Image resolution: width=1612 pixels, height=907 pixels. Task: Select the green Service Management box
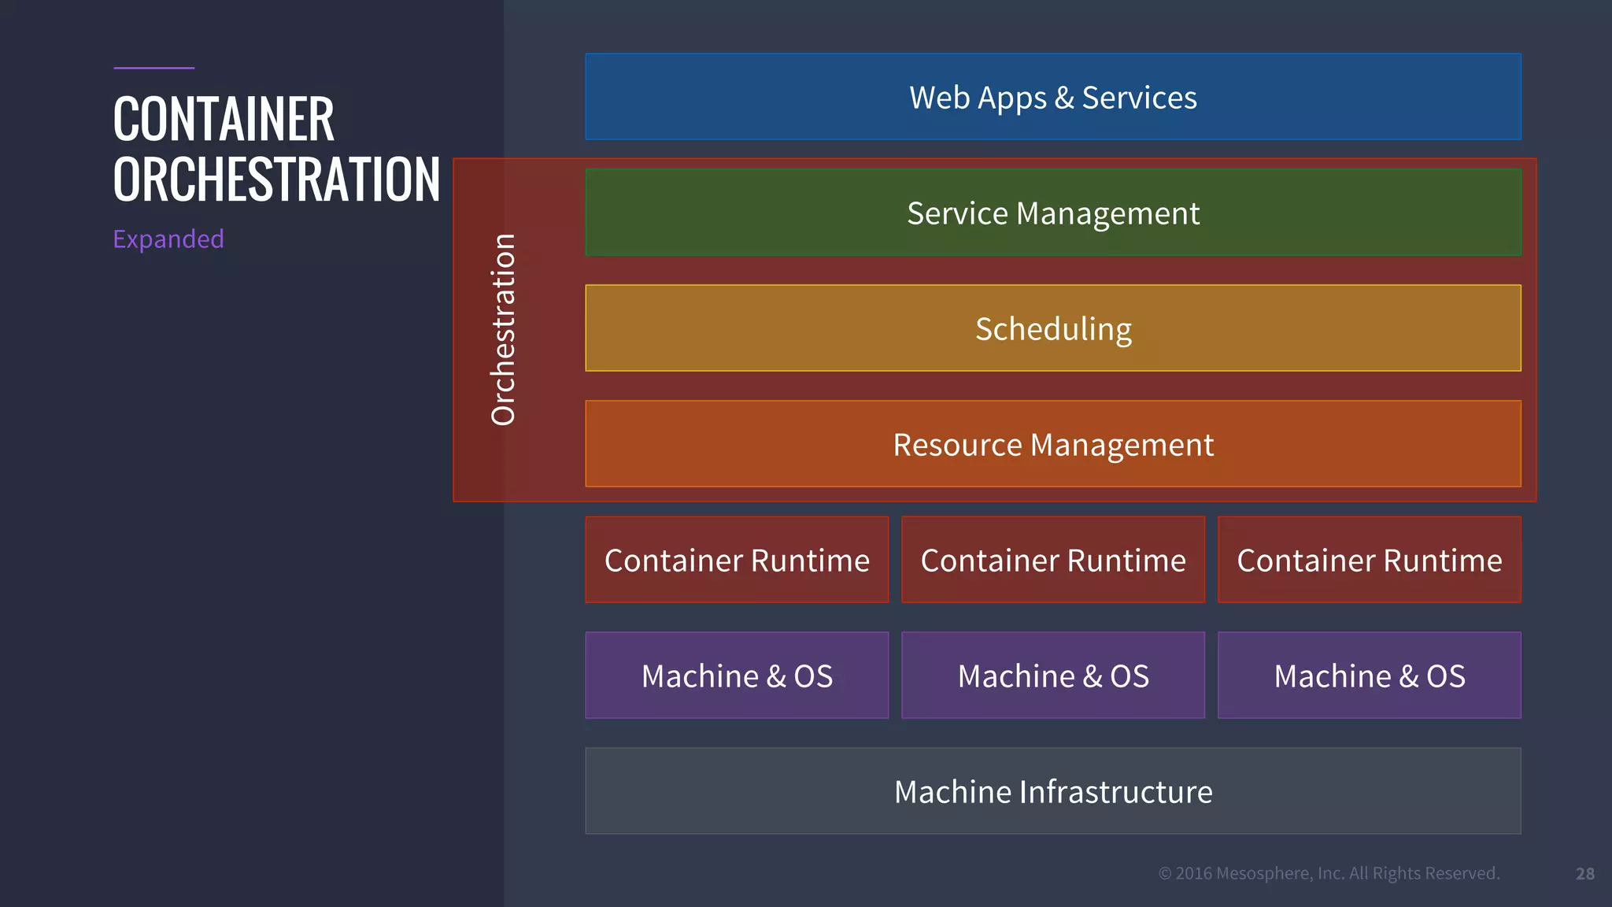pos(1053,213)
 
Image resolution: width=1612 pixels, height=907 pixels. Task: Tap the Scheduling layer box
pos(1053,328)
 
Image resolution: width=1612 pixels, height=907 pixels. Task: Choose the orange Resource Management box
pos(1053,444)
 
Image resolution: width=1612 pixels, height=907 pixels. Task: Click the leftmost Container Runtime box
pos(737,560)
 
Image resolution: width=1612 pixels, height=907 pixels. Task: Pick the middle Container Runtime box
pos(1053,560)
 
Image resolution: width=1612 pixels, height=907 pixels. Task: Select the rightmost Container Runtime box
pos(1370,560)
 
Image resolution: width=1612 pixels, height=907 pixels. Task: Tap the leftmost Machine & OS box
pos(737,676)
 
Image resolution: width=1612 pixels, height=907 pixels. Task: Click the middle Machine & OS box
pos(1053,676)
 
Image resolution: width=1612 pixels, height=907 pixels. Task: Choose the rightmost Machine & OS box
pos(1370,676)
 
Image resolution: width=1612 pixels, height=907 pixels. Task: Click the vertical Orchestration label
pos(503,330)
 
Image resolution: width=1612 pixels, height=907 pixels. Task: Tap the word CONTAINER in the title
pos(224,119)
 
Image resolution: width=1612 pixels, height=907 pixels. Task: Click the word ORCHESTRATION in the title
pos(276,180)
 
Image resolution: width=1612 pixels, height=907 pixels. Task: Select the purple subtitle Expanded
pos(168,239)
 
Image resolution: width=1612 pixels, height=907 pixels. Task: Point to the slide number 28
pos(1585,874)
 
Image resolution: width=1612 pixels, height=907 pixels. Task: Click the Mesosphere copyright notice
pos(1329,873)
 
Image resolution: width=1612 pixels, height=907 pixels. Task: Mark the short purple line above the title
pos(153,68)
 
